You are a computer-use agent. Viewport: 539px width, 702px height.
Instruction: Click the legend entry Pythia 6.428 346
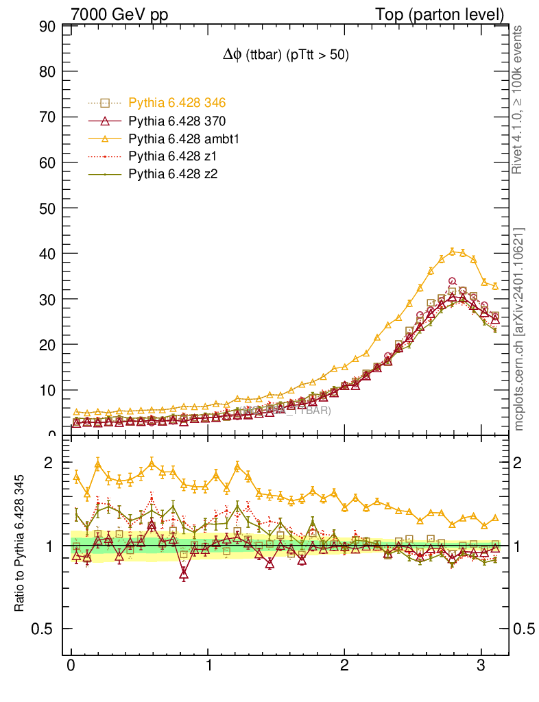(x=177, y=103)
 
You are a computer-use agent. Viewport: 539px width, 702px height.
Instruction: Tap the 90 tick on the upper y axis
(x=47, y=27)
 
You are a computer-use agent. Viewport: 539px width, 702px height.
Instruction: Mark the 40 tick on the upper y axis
(x=47, y=254)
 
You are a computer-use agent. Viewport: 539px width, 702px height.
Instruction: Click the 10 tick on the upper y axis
(x=47, y=390)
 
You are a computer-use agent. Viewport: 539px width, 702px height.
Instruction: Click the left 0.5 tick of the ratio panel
(x=43, y=629)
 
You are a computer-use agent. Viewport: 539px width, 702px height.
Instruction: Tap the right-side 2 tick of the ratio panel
(x=523, y=463)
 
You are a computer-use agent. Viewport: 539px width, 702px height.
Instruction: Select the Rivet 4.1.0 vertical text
(x=518, y=99)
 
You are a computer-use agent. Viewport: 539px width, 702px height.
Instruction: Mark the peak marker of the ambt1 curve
(x=452, y=252)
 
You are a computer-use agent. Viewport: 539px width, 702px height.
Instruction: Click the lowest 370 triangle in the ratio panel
(x=183, y=574)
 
